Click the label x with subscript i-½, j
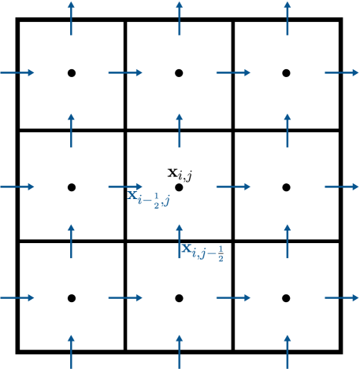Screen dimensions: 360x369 149,197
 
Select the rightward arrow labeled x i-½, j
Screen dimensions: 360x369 125,186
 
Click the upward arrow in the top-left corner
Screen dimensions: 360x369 72,17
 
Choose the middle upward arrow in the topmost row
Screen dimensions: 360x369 180,17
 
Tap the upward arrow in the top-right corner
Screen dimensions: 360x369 288,17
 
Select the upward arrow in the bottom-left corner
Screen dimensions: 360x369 72,351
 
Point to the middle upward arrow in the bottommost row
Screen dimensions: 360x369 180,351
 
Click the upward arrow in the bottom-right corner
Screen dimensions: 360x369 288,351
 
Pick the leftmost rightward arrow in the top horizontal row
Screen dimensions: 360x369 17,72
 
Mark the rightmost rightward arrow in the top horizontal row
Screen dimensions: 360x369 342,72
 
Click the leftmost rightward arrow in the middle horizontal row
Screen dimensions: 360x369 17,186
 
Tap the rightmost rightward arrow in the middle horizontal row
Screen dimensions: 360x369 342,186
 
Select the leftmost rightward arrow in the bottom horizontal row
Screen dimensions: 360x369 17,297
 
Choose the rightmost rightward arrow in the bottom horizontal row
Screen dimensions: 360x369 342,297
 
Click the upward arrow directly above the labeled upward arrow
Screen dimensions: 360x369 180,130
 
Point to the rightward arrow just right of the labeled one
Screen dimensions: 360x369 233,186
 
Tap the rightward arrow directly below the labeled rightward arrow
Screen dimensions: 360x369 125,297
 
